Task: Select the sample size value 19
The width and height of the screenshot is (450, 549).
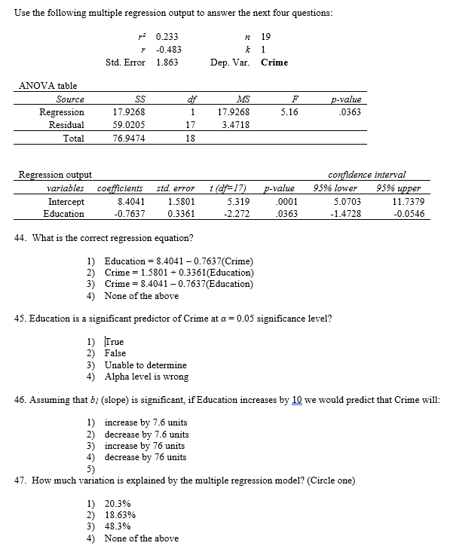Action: coord(265,35)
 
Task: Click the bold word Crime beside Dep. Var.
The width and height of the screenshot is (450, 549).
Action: coord(274,63)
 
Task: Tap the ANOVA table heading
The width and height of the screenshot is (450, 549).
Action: coord(47,86)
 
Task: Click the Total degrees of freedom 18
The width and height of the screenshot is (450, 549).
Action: coord(190,139)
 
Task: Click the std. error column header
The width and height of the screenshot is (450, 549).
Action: coord(176,188)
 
